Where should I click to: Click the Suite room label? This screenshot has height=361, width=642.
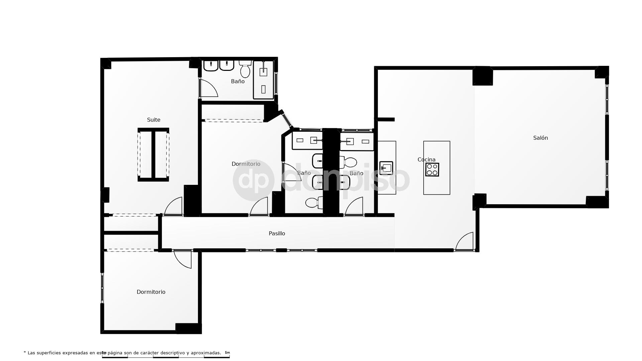pos(153,120)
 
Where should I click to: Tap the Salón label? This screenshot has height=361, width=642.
pos(540,138)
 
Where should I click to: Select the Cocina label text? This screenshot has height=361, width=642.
pos(426,159)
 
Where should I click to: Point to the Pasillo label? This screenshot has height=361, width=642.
pos(277,233)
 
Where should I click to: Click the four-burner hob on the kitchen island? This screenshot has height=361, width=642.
pos(432,169)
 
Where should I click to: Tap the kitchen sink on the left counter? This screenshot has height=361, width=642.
pos(386,168)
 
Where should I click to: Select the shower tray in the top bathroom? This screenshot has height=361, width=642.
pos(263,80)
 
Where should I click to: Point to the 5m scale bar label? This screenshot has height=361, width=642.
pos(227,353)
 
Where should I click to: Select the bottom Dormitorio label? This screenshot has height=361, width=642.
pos(151,292)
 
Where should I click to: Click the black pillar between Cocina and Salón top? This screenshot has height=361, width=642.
pos(483,76)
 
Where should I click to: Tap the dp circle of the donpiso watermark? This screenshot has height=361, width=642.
pos(253,180)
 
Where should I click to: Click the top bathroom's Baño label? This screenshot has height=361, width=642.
pos(238,81)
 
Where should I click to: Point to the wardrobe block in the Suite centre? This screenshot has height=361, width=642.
pos(153,155)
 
